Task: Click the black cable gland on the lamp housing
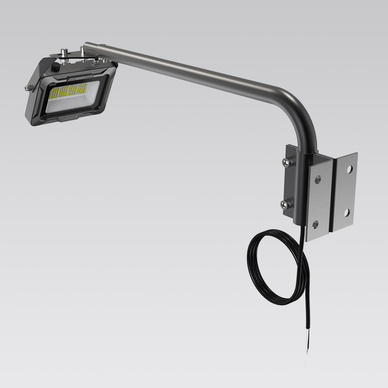click(x=56, y=68)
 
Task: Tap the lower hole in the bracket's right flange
click(x=346, y=212)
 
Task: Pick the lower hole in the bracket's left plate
click(x=315, y=224)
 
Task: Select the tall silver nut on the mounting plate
click(x=63, y=52)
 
